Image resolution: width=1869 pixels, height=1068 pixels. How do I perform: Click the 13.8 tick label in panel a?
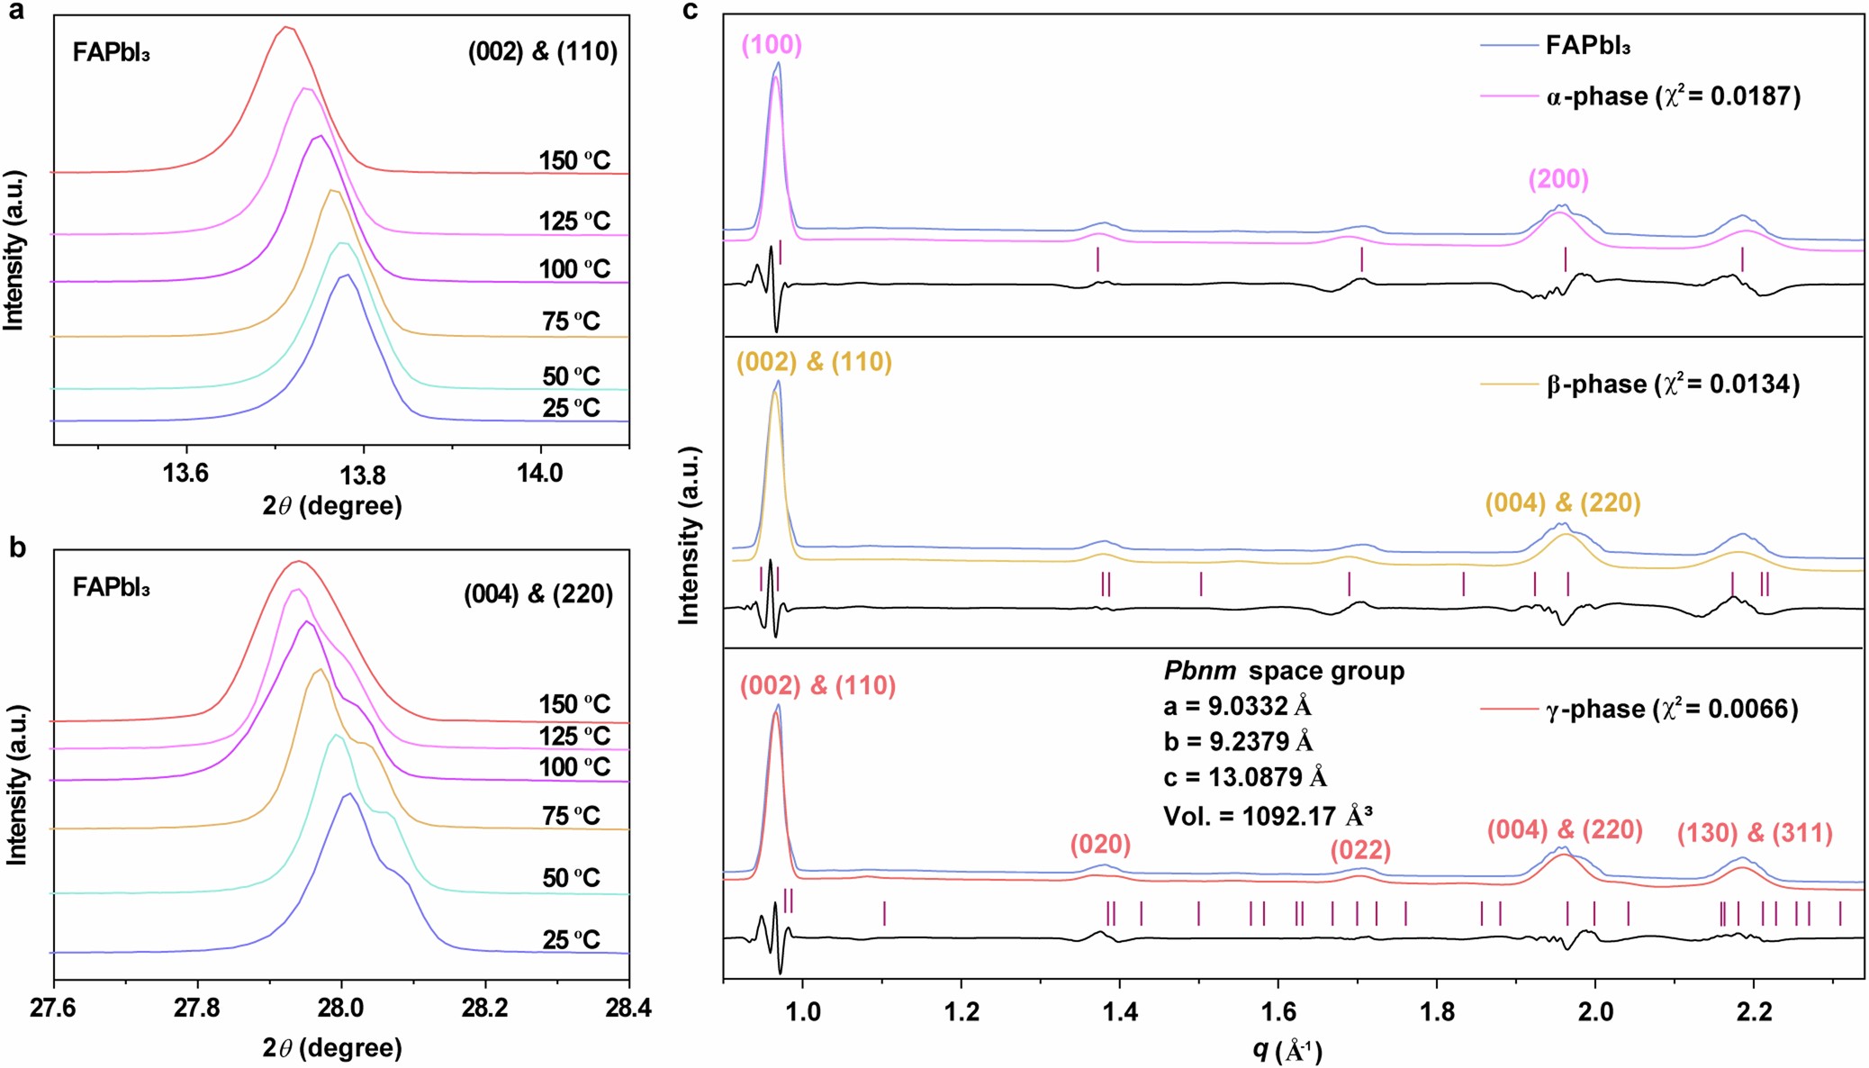[363, 475]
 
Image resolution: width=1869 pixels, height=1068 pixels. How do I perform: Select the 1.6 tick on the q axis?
[1278, 1011]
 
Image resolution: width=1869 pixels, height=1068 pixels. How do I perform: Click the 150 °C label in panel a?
[574, 161]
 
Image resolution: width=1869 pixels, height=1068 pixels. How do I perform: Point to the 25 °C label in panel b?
[571, 940]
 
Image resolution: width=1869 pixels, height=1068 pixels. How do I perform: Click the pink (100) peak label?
[772, 45]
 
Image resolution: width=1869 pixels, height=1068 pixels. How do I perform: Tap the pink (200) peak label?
[1558, 179]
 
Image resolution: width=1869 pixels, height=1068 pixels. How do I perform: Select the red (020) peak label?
[1100, 845]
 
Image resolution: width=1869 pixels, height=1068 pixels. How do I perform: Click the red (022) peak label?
[1360, 850]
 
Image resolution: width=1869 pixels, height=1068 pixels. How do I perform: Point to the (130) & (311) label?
[1755, 833]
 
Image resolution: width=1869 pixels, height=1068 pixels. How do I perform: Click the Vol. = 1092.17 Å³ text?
[1268, 816]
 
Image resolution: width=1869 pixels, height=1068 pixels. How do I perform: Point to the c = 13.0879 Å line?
[1245, 777]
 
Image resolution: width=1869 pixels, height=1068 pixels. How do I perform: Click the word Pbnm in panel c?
[1199, 671]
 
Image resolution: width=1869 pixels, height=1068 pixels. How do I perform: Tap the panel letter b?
[17, 548]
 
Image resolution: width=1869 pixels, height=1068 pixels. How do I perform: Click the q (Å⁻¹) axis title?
[1287, 1050]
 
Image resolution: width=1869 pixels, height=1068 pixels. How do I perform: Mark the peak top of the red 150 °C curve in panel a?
[286, 27]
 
